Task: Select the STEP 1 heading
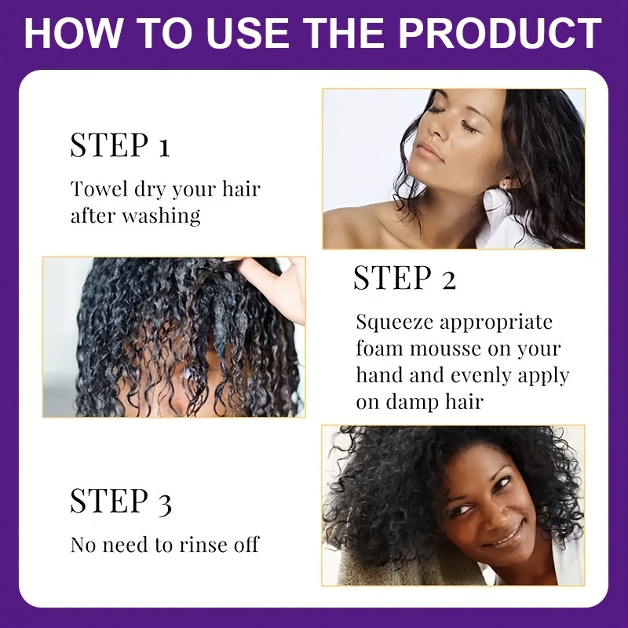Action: [x=120, y=144]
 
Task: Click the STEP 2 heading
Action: [x=404, y=278]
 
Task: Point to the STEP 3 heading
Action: [x=121, y=501]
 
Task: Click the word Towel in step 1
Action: [x=100, y=188]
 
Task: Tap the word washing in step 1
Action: [x=161, y=217]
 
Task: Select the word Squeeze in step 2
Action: [x=395, y=323]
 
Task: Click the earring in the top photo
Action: [x=509, y=183]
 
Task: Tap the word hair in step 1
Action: [x=241, y=188]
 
